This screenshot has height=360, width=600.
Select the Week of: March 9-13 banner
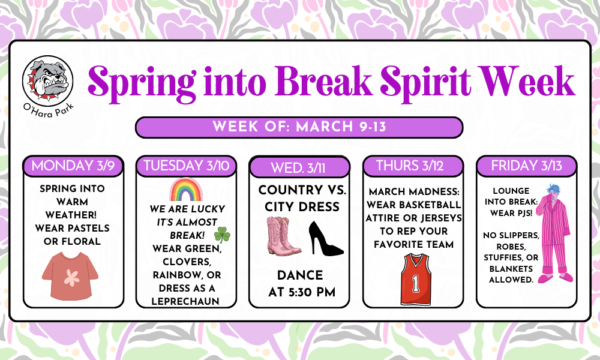click(299, 127)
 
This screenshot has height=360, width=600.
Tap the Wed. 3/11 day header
click(299, 167)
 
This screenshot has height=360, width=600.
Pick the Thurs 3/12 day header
click(412, 166)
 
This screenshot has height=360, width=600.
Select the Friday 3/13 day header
click(526, 166)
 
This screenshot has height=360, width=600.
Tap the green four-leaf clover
click(222, 233)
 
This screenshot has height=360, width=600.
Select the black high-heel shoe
click(325, 238)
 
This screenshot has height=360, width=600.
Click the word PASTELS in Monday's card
click(88, 228)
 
